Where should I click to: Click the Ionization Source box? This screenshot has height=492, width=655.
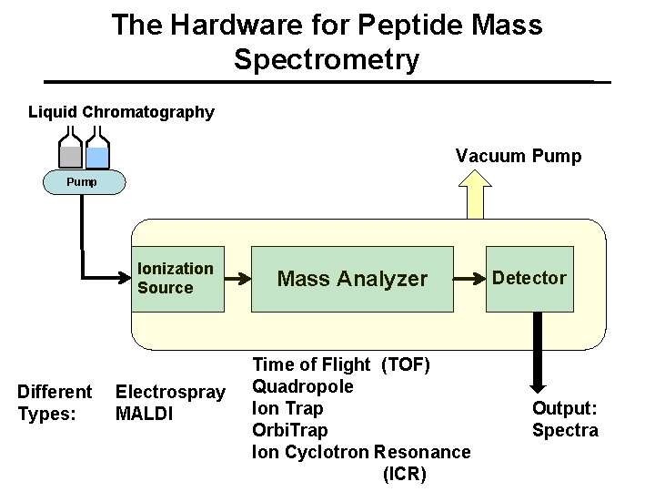[x=177, y=279]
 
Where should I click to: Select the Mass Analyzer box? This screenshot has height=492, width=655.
[x=351, y=279]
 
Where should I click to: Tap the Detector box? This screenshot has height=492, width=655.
[x=529, y=279]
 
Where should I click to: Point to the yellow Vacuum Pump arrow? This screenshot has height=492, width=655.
[x=475, y=195]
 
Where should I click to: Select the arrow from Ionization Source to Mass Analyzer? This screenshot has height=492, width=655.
[x=237, y=279]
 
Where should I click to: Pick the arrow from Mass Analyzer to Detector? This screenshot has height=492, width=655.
[x=469, y=279]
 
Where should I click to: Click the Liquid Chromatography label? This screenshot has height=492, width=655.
[x=121, y=112]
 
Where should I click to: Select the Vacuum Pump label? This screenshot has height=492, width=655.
[x=519, y=156]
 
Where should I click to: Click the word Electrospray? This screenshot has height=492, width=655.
[x=170, y=393]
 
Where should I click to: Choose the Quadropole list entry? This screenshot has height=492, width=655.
[x=302, y=386]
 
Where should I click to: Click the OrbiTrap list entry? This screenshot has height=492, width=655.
[x=289, y=429]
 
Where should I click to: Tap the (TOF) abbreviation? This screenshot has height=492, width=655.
[x=406, y=365]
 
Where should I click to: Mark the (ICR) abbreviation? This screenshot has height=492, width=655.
[x=405, y=474]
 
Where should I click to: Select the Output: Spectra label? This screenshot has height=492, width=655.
[x=565, y=419]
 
